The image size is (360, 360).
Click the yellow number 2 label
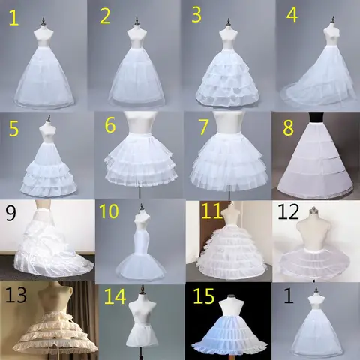(x=105, y=16)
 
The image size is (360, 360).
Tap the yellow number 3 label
(x=196, y=14)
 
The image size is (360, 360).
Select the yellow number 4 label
(x=292, y=15)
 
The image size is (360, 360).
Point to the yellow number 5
(x=13, y=129)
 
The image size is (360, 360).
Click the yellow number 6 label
(x=109, y=125)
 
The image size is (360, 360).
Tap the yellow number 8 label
(x=288, y=127)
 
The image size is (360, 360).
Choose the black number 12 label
(x=286, y=212)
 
